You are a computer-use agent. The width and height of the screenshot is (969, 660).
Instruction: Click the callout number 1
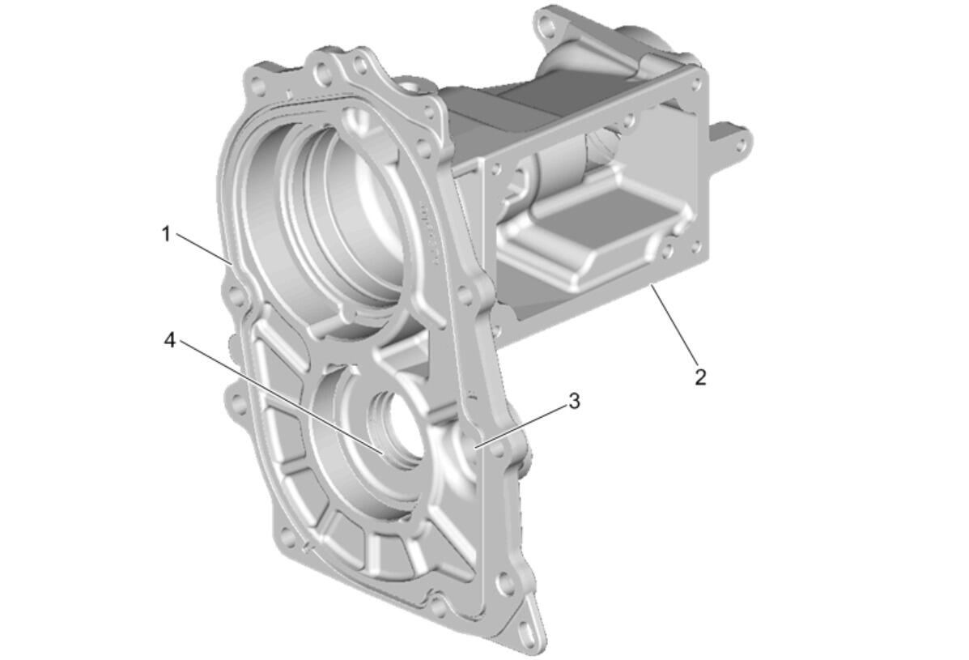click(166, 234)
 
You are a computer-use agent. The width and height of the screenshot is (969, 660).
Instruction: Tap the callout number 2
click(699, 377)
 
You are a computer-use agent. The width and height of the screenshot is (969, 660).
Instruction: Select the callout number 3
click(574, 401)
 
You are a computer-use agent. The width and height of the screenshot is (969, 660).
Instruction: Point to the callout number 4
click(170, 339)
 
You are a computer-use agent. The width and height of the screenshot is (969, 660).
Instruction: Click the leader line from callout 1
click(204, 249)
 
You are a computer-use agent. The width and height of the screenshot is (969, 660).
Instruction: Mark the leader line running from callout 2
click(674, 322)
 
